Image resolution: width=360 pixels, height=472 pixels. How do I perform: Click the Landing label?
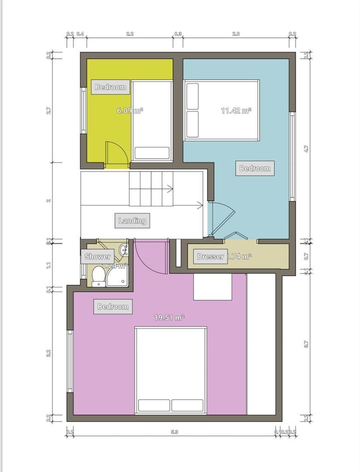point(132,221)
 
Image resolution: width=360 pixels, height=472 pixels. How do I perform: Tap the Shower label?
point(97,257)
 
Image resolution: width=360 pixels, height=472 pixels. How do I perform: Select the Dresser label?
point(210,257)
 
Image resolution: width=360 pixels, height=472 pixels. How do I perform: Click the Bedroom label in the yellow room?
point(111,87)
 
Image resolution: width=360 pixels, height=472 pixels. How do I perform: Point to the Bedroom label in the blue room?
point(255,168)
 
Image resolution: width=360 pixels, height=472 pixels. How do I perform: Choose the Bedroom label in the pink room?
point(113,307)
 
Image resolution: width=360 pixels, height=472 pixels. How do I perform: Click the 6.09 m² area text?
point(130,111)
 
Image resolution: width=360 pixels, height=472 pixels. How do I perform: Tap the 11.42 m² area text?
point(236,111)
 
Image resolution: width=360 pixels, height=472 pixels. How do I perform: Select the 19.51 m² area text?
point(169,318)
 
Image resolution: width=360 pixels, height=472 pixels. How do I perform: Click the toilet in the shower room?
point(98,277)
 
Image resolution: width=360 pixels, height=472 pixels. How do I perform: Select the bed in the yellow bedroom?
point(152,121)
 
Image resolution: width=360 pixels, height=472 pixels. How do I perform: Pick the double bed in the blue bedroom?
point(222,110)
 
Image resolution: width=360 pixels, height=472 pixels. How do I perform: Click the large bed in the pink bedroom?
point(170,370)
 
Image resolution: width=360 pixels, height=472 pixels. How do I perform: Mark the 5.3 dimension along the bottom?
point(175,432)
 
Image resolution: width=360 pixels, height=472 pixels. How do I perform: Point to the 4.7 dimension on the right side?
point(306,149)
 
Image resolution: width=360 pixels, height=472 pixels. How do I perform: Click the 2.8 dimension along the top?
point(235,34)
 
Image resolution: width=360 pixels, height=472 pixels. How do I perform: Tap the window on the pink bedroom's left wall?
point(69,361)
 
